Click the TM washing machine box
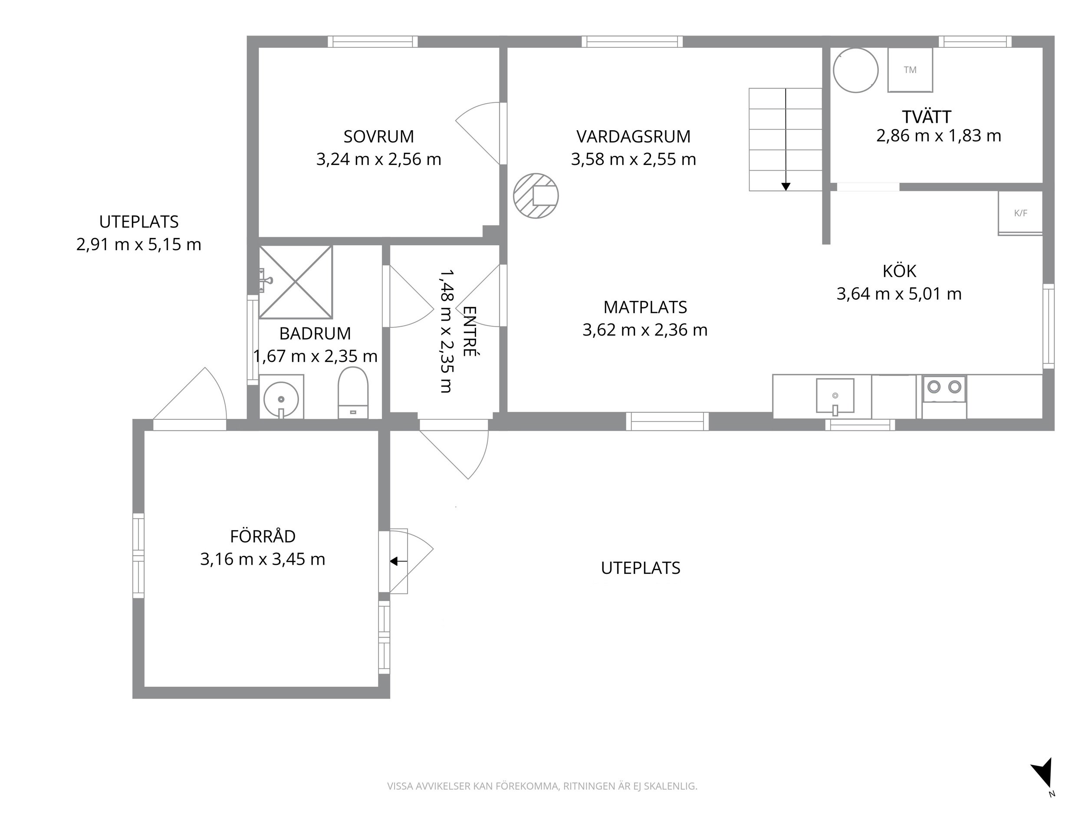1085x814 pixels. pos(910,69)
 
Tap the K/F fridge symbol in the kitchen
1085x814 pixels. pos(1020,213)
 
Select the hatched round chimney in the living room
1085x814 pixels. pos(536,196)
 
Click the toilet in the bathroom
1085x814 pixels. pos(353,393)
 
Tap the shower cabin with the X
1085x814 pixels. pos(296,282)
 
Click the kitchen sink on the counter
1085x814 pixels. pos(835,396)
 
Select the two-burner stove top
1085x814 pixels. pos(944,397)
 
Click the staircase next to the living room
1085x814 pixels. pos(785,139)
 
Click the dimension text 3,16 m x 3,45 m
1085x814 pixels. pos(263,559)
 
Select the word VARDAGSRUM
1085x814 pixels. pos(633,136)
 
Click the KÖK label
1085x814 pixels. pos(899,271)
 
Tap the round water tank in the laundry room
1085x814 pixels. pos(855,70)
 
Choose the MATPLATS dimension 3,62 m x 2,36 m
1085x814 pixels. pos(645,330)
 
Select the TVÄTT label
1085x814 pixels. pos(927,117)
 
